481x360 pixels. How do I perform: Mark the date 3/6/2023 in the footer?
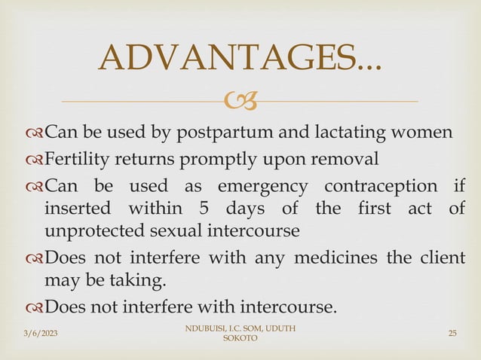[x=27, y=333]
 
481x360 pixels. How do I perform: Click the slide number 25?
[x=452, y=333]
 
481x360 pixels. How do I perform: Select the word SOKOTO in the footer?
[x=240, y=340]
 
